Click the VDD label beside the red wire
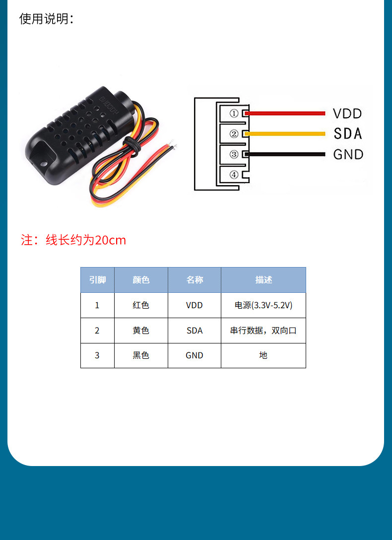(x=347, y=114)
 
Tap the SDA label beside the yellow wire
(x=348, y=134)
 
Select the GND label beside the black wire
(x=348, y=154)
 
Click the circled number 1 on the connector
(x=234, y=113)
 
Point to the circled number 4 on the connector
(x=234, y=175)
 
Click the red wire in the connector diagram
(x=285, y=113)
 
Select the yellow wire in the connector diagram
(x=285, y=134)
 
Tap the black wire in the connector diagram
(x=285, y=154)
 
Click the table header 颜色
(x=141, y=280)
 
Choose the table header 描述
(x=263, y=280)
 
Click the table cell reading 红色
(x=141, y=305)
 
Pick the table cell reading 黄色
(x=141, y=331)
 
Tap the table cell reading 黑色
(x=141, y=355)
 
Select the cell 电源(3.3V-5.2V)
(x=263, y=305)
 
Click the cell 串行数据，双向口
(x=263, y=331)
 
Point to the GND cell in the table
(x=195, y=355)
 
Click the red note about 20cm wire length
(x=73, y=240)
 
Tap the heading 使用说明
(x=47, y=18)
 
